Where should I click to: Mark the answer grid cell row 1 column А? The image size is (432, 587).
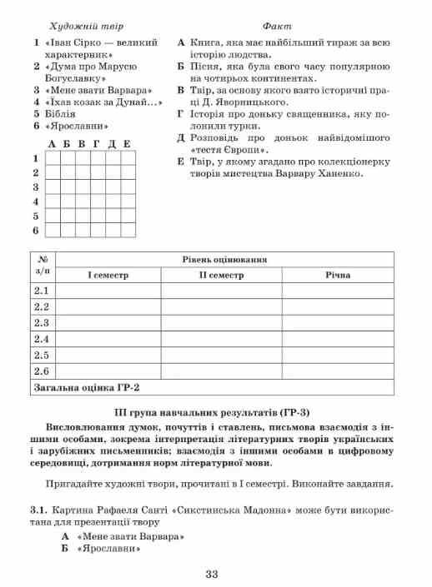pyautogui.click(x=53, y=157)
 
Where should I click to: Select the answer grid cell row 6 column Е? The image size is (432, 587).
pyautogui.click(x=127, y=229)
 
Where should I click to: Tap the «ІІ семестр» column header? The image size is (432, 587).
pyautogui.click(x=221, y=274)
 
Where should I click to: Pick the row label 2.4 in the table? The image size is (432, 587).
pyautogui.click(x=42, y=339)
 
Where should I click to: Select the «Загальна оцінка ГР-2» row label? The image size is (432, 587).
pyautogui.click(x=86, y=386)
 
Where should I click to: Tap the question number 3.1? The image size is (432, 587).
pyautogui.click(x=39, y=508)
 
